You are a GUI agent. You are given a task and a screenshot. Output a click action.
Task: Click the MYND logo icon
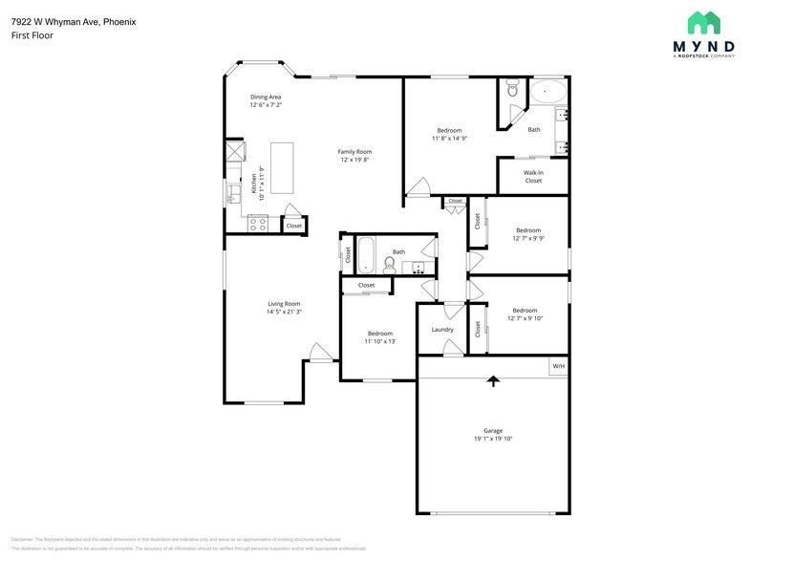704,23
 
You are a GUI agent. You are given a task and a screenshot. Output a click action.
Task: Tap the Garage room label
493,431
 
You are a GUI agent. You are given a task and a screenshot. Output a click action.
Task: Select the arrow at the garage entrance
493,381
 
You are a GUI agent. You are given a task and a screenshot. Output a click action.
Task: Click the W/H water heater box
558,366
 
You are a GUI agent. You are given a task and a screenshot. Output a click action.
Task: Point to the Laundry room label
441,330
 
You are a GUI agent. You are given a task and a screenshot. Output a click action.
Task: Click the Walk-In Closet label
533,176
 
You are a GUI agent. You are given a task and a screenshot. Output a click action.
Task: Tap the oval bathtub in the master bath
547,93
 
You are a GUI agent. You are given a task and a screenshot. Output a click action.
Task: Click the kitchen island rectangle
282,167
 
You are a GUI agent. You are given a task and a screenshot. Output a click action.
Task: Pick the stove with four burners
257,225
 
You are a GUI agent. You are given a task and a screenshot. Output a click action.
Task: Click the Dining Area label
266,97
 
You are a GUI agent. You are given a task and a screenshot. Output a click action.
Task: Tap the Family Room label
354,151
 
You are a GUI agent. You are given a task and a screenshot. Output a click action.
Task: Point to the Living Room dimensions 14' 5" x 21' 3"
284,312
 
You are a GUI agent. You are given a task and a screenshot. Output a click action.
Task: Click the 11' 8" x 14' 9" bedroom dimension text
449,139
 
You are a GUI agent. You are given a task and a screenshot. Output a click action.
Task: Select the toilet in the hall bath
390,264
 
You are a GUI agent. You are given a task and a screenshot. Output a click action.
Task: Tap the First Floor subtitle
32,35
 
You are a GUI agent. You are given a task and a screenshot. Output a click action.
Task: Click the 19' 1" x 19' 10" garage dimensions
493,440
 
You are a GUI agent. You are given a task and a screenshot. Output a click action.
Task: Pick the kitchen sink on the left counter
233,193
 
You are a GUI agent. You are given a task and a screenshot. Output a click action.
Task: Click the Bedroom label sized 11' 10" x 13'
380,334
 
